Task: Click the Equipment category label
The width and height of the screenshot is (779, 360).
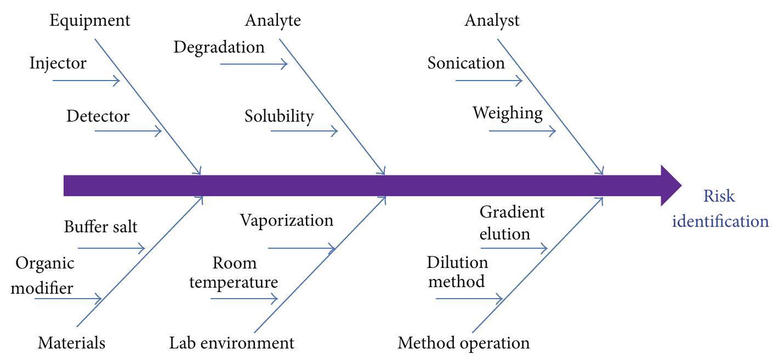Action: [90, 21]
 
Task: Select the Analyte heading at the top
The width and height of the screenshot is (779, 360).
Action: [272, 21]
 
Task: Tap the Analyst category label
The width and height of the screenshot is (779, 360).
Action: [492, 21]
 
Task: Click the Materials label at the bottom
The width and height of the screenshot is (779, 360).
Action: [71, 344]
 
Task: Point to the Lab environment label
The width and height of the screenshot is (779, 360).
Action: [231, 344]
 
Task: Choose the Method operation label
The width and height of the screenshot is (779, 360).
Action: [464, 344]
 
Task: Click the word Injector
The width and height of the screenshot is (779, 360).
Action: [58, 63]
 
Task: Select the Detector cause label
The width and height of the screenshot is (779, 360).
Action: [98, 116]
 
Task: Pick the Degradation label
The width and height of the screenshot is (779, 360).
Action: [219, 47]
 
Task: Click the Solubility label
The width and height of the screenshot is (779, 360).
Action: [279, 116]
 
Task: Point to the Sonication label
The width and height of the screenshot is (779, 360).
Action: [466, 63]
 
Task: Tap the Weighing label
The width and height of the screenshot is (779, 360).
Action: [508, 113]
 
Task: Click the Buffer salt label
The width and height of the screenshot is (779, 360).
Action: [100, 226]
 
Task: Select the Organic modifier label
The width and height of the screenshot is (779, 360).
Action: [44, 275]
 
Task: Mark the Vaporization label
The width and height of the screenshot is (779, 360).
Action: [287, 220]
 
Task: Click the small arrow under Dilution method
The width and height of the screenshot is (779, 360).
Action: [469, 299]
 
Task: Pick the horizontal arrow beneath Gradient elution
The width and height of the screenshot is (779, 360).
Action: [514, 248]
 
